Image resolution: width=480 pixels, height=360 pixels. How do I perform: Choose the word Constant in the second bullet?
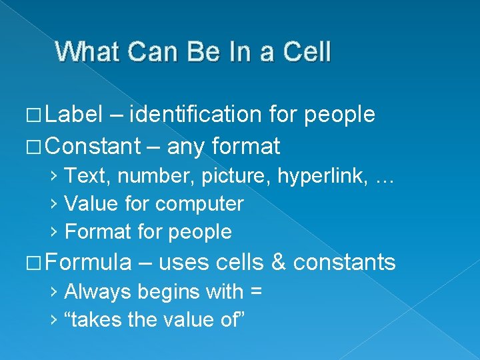coord(93,145)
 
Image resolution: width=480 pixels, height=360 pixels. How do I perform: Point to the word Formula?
coord(89,262)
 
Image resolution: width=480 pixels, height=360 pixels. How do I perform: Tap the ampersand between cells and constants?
coord(278,262)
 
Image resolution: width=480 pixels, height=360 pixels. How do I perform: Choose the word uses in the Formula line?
coord(183,263)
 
